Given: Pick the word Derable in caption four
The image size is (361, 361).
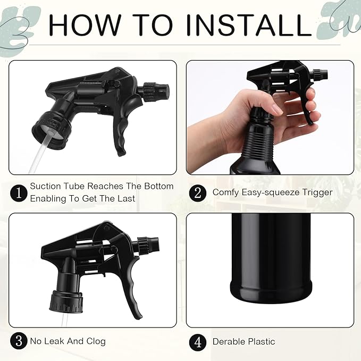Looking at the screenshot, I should pos(228,341).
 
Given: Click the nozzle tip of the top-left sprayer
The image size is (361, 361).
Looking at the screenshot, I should pos(163,87).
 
